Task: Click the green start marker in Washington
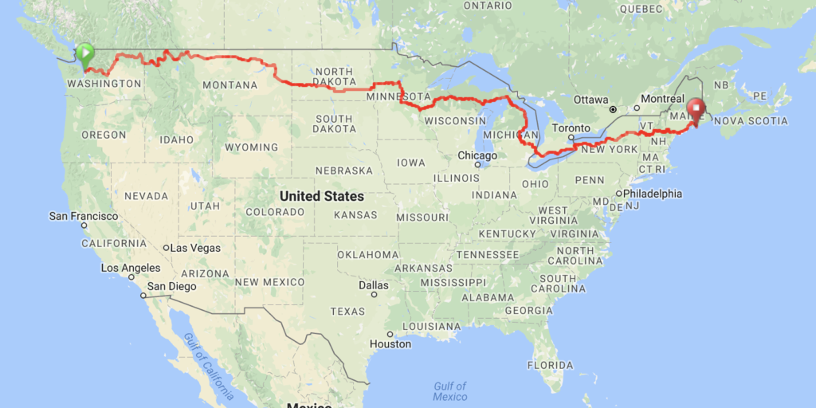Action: (x=84, y=54)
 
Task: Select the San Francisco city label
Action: (x=84, y=216)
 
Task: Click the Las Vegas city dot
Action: (x=167, y=248)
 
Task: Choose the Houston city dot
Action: (x=390, y=334)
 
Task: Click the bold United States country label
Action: (x=322, y=196)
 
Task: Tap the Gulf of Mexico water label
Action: (x=450, y=391)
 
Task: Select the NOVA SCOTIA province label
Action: (x=751, y=121)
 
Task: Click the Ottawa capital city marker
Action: (x=613, y=108)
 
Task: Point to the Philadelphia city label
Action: (x=653, y=193)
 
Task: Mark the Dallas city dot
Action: (x=373, y=293)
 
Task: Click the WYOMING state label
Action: (x=251, y=147)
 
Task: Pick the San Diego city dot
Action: (x=143, y=296)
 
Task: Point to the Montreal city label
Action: (x=663, y=99)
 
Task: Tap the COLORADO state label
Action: (x=275, y=212)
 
